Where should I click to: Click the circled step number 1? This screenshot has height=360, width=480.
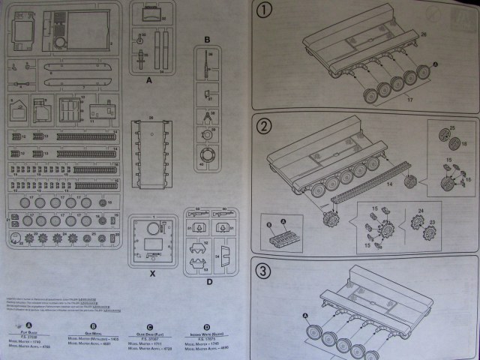[263, 11]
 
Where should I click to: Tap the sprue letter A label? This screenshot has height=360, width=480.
[148, 78]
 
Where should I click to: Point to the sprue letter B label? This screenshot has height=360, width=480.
[208, 38]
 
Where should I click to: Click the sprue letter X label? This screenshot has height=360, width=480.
[151, 274]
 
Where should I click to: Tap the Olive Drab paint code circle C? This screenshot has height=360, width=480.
[150, 325]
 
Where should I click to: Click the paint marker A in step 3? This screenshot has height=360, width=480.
[306, 315]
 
